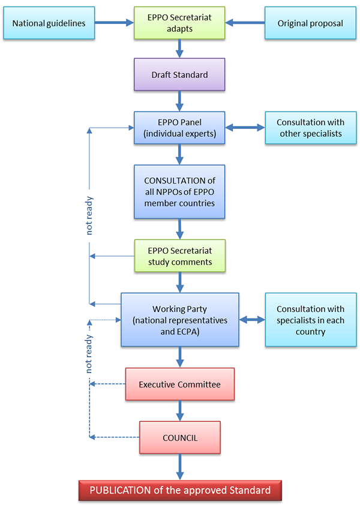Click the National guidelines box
pos(49,23)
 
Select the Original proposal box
pos(310,23)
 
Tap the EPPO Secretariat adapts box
pos(179,23)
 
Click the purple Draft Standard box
pos(179,74)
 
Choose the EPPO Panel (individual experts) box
pos(179,128)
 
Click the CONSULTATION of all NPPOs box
pos(179,191)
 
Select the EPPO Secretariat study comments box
pos(179,256)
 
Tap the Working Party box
pos(179,319)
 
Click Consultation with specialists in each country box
pos(310,319)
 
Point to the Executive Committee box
pos(179,384)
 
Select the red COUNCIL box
pos(179,437)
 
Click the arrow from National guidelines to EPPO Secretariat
pos(114,23)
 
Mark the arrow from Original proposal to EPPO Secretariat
pos(245,23)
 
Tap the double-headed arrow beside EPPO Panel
pos(245,128)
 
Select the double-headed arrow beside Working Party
pos(252,319)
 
